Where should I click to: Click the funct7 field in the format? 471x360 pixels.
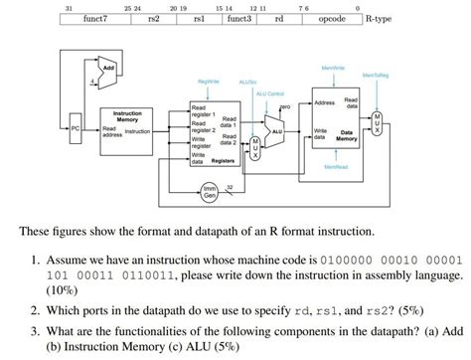pyautogui.click(x=96, y=18)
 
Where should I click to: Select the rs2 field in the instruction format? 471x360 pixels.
pyautogui.click(x=153, y=18)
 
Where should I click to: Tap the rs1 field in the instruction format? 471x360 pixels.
pyautogui.click(x=199, y=18)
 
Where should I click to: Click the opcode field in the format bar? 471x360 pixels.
pyautogui.click(x=331, y=18)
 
